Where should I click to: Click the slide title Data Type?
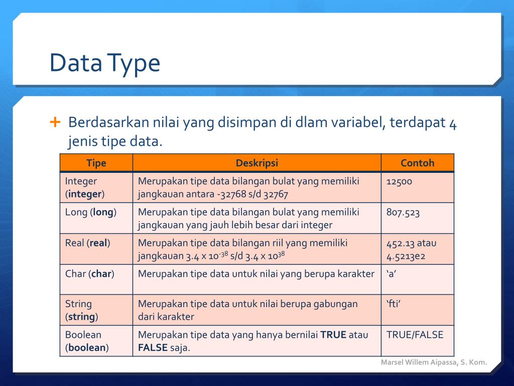(x=104, y=63)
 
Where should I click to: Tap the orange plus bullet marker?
(x=55, y=122)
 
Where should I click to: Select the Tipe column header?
(x=96, y=163)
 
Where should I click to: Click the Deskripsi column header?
(x=256, y=163)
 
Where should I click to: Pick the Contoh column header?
(x=417, y=163)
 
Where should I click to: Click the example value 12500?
(x=399, y=181)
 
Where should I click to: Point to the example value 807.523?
(x=403, y=212)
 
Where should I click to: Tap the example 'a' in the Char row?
(x=392, y=274)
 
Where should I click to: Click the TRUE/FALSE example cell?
(x=415, y=335)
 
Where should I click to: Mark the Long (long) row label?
(x=91, y=212)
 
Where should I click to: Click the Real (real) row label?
(x=88, y=243)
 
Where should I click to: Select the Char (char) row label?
(x=90, y=274)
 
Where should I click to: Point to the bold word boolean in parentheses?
(x=87, y=348)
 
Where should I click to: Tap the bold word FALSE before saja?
(x=153, y=348)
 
